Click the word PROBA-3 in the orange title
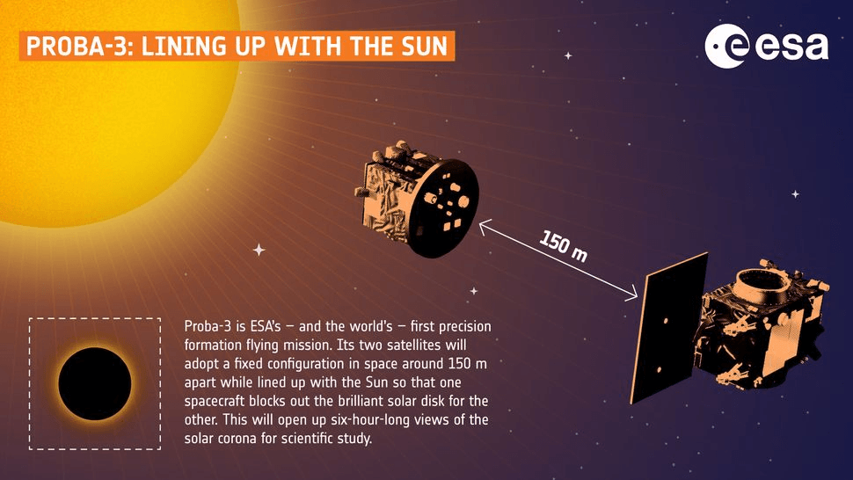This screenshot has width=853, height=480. tap(77, 47)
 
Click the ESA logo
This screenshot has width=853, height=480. tap(767, 47)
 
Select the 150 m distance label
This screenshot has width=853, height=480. tap(564, 246)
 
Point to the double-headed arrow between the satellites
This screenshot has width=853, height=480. tap(558, 260)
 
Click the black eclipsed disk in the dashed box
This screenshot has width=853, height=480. tap(95, 383)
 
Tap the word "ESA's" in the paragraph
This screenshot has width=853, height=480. tap(265, 326)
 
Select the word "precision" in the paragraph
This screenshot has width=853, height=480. tap(464, 327)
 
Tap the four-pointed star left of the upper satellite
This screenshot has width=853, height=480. tap(259, 250)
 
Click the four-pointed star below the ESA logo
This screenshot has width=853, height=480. tap(795, 194)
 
